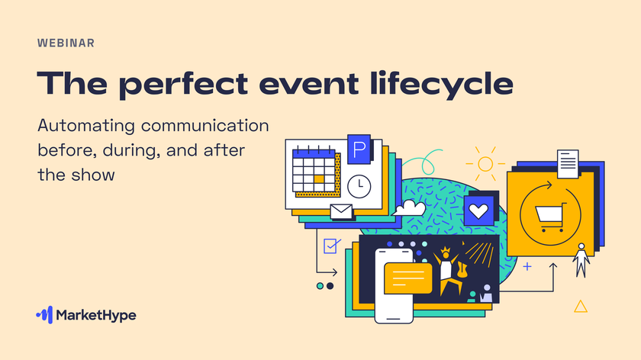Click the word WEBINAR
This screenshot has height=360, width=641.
66,43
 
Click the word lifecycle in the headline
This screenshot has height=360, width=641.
442,85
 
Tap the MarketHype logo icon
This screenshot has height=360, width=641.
44,315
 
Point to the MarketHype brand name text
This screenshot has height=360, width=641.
96,316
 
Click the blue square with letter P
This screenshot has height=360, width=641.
359,149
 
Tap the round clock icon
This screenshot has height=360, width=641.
359,186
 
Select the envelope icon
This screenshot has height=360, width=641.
341,212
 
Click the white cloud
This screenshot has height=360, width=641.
409,207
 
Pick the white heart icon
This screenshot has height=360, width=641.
478,211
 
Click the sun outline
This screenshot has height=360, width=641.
485,164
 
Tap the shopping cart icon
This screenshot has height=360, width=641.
550,217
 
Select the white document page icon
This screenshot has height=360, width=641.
568,164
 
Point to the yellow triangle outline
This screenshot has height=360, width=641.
581,306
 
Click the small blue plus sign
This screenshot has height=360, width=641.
527,267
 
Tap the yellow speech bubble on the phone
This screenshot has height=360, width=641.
408,278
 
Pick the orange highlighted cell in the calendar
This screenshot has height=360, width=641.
319,179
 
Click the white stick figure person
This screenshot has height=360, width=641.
581,260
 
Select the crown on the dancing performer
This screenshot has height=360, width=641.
445,250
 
